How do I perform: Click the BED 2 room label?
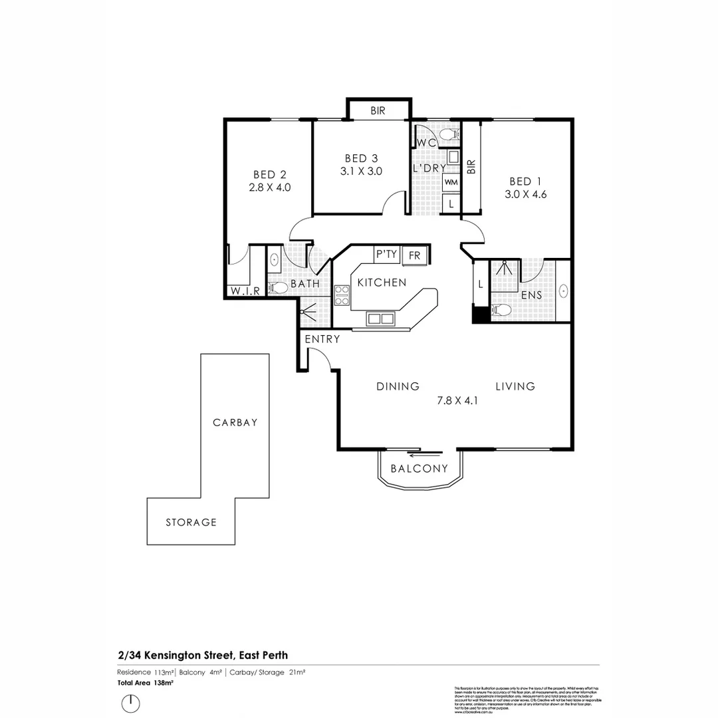tap(270, 175)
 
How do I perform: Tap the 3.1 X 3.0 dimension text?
tap(360, 170)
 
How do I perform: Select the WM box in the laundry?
tap(451, 181)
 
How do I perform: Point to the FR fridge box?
tap(414, 255)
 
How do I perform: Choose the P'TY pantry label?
tap(386, 254)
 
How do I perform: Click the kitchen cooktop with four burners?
tap(342, 295)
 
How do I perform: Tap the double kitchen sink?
tap(380, 318)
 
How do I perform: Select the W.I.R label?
tap(244, 291)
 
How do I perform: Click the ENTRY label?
tap(322, 339)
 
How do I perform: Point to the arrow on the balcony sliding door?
tap(425, 455)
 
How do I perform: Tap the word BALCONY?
tap(419, 469)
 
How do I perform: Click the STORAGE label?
tap(191, 523)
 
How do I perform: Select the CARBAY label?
tap(235, 422)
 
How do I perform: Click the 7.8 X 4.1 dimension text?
tap(457, 400)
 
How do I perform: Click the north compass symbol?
tap(131, 703)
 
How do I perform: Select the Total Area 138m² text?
tap(145, 683)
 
